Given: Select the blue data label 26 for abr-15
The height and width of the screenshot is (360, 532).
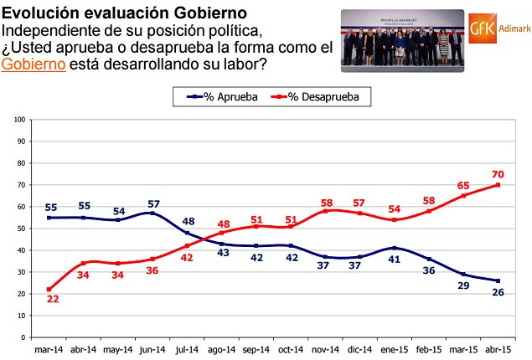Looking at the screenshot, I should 498,292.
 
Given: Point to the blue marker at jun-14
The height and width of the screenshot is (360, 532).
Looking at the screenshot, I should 152,213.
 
